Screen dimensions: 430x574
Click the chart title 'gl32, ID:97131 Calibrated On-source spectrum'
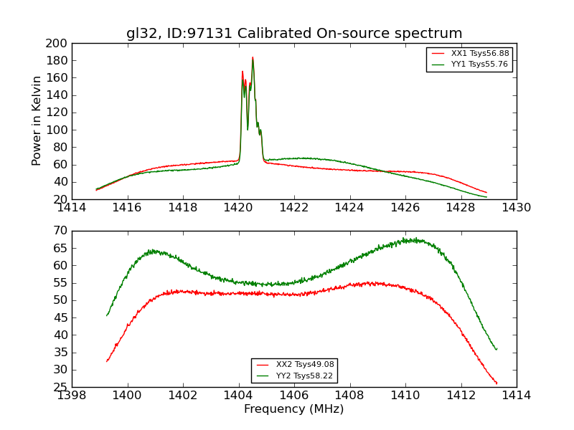coord(294,34)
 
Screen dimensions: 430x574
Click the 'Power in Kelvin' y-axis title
coord(37,120)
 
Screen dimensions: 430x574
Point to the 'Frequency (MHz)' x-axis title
coord(294,409)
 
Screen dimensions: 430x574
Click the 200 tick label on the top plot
coord(57,43)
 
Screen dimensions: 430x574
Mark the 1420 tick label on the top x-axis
coord(239,208)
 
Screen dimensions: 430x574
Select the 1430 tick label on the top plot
coord(517,208)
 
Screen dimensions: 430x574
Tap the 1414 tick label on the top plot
coord(72,208)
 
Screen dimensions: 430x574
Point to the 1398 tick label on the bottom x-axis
coord(72,396)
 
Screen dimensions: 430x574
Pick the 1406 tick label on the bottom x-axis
coord(294,396)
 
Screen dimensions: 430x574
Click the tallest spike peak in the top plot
coord(253,57)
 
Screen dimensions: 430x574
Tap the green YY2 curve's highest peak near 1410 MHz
coord(405,239)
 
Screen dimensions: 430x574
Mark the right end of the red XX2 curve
coord(497,383)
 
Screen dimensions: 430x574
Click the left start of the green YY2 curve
coord(107,315)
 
